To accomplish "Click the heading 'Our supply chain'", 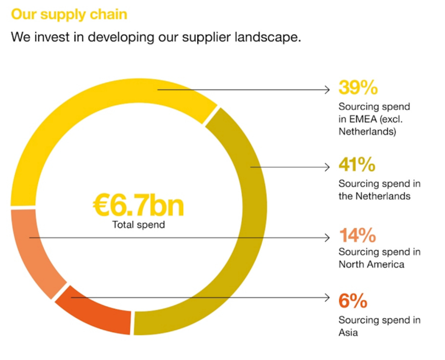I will [69, 14].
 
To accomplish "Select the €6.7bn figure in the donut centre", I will [138, 206].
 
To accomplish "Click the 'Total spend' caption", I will [139, 225].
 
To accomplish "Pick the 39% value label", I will [358, 88].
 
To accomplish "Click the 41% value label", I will [357, 165].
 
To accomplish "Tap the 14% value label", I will [357, 235].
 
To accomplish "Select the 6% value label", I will [353, 301].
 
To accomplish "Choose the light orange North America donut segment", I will [34, 252].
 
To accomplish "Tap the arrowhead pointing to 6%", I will [327, 297].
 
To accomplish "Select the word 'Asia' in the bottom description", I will [348, 333].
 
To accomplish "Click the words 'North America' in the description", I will [371, 264].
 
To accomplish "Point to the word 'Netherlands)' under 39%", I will [367, 132].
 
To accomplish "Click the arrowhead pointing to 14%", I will [327, 238].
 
